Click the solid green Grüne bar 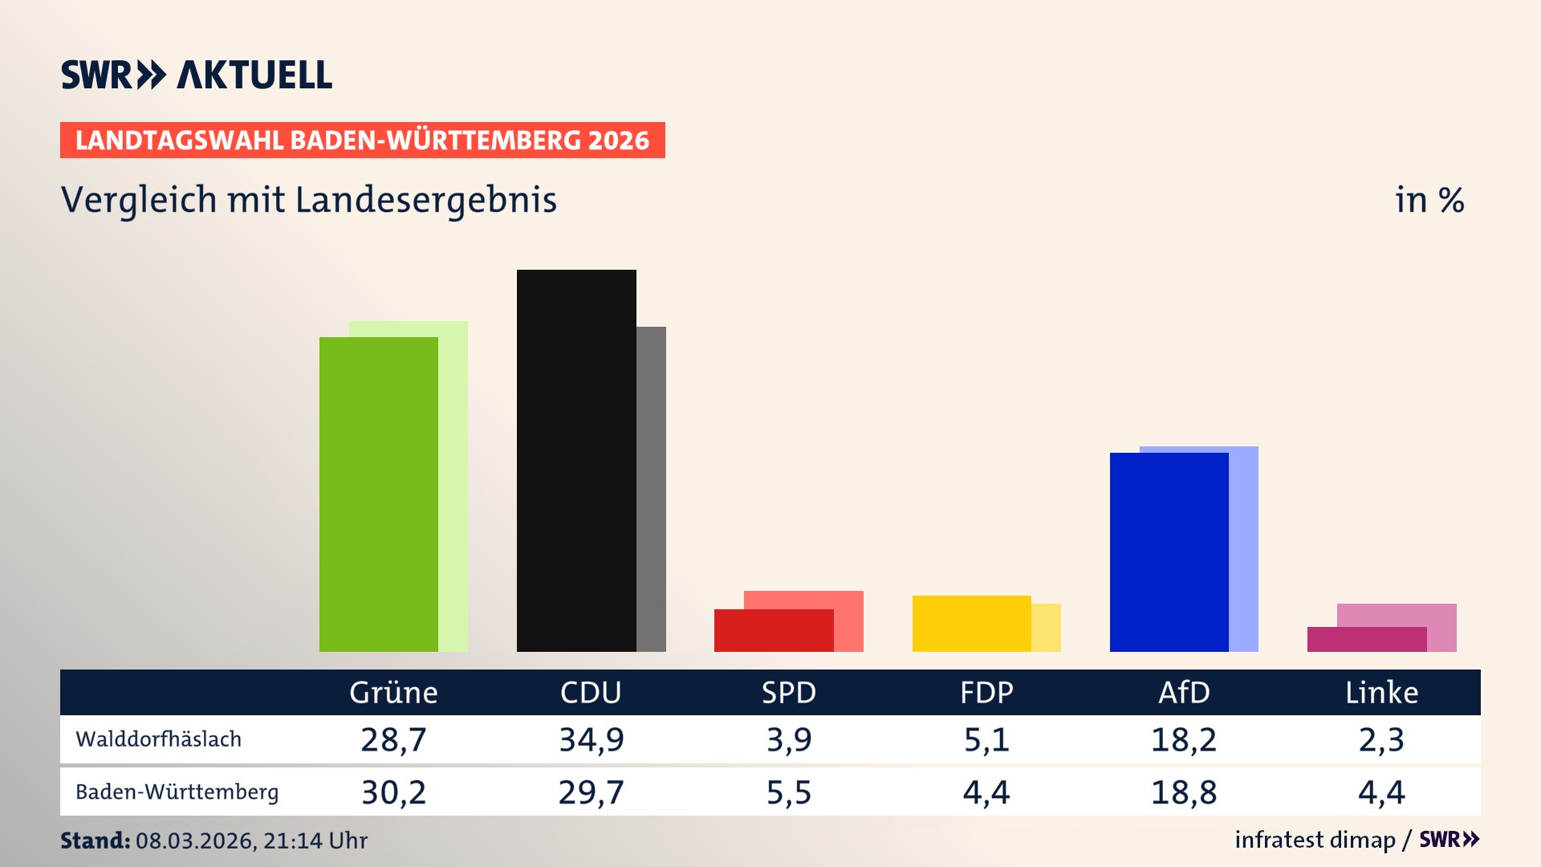pyautogui.click(x=378, y=494)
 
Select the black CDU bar pyautogui.click(x=576, y=461)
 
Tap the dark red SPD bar pyautogui.click(x=773, y=631)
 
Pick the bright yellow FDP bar pyautogui.click(x=971, y=624)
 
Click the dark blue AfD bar pyautogui.click(x=1169, y=552)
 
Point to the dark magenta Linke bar pyautogui.click(x=1366, y=640)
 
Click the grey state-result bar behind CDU pyautogui.click(x=651, y=489)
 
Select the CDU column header pyautogui.click(x=591, y=693)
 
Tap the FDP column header pyautogui.click(x=986, y=693)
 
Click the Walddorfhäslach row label pyautogui.click(x=158, y=739)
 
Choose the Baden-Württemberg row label pyautogui.click(x=177, y=792)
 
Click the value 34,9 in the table pyautogui.click(x=591, y=739)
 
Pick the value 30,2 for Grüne pyautogui.click(x=393, y=792)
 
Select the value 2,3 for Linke pyautogui.click(x=1381, y=739)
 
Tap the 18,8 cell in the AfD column pyautogui.click(x=1184, y=792)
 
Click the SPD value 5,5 pyautogui.click(x=789, y=792)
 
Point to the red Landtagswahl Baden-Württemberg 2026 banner pyautogui.click(x=362, y=140)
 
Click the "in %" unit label pyautogui.click(x=1429, y=200)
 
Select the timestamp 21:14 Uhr pyautogui.click(x=315, y=841)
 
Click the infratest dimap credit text pyautogui.click(x=1315, y=840)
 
